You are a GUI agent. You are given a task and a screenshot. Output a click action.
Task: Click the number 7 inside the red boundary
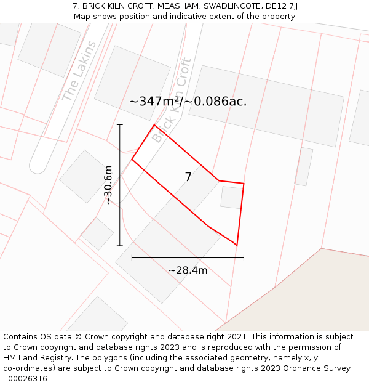(188, 177)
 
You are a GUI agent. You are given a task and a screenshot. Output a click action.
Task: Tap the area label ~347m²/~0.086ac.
(188, 102)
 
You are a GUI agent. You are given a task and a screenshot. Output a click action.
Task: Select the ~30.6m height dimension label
(108, 185)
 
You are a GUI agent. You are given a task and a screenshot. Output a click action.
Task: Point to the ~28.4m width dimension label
(188, 270)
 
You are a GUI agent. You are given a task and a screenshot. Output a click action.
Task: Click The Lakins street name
(79, 71)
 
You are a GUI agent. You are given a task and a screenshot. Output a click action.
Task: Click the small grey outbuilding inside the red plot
(231, 197)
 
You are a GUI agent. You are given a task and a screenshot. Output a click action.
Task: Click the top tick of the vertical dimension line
(120, 125)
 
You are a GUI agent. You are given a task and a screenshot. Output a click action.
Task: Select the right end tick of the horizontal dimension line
(244, 257)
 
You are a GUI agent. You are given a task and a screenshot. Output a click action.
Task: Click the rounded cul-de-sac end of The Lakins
(38, 166)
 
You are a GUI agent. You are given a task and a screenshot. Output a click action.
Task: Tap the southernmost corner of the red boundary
(237, 245)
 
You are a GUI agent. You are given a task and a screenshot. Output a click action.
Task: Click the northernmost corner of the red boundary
(154, 125)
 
